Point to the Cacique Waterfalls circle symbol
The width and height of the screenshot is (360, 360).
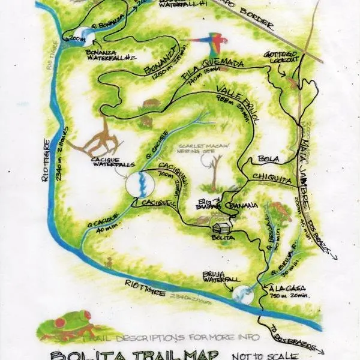click(139, 184)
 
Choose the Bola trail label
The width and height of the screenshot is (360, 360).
click(266, 160)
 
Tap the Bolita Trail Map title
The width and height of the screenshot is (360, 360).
click(158, 354)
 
